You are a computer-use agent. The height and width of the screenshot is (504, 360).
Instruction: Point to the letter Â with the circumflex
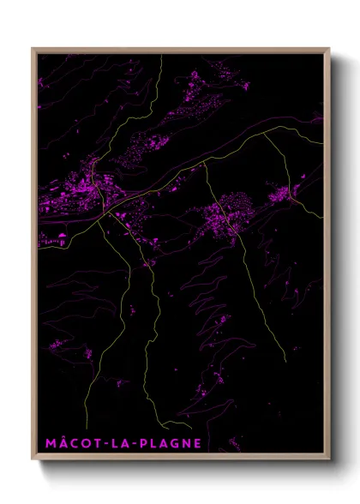click(58, 443)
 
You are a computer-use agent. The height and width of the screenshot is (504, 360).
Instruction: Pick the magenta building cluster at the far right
click(282, 195)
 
